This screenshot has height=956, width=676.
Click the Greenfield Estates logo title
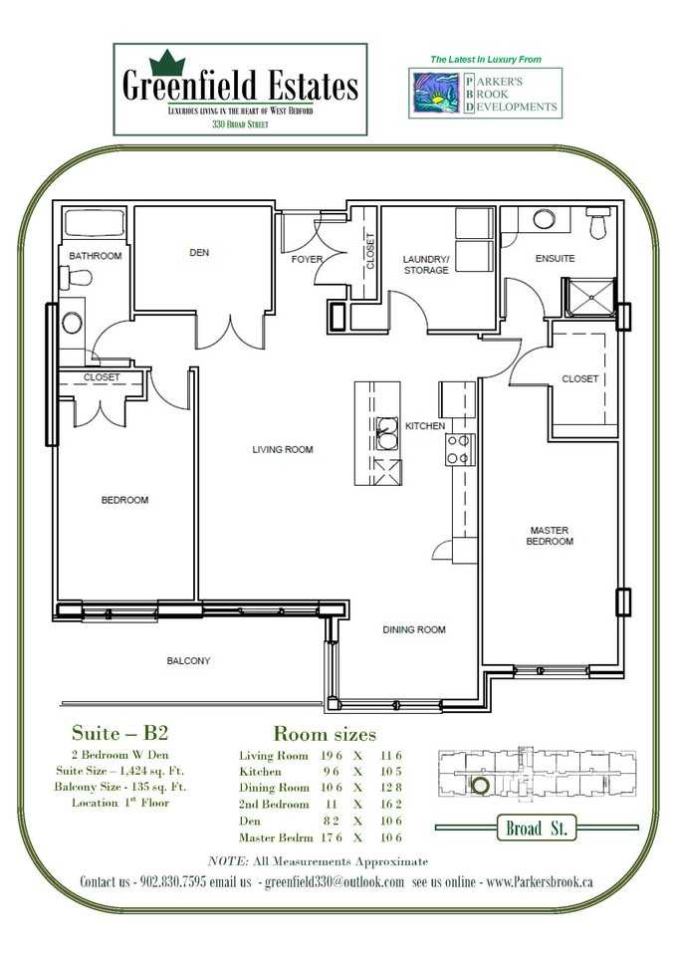pos(240,86)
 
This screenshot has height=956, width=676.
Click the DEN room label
pos(199,253)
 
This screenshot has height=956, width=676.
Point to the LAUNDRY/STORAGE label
pos(426,265)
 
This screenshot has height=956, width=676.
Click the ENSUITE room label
pos(555,259)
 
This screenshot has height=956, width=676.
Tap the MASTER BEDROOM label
pos(551,536)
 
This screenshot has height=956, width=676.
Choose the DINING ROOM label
pos(414,629)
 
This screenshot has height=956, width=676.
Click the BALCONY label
pos(188,661)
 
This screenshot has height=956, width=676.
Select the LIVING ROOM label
pos(282,450)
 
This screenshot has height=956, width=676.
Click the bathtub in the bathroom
pos(92,225)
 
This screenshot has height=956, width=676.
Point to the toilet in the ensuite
pos(597,225)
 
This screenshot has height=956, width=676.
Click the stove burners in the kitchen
pos(459,449)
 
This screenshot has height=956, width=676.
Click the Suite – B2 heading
pos(113,734)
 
